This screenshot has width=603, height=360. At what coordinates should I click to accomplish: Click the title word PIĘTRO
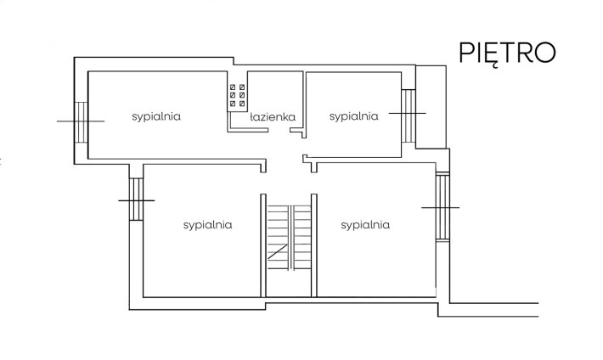tap(507, 50)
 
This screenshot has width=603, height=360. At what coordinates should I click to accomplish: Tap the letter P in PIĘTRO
tap(466, 51)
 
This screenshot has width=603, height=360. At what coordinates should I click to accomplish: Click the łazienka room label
tap(272, 118)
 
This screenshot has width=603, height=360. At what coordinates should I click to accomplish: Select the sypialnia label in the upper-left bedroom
tap(156, 116)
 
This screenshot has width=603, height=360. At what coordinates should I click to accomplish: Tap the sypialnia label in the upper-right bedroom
tap(353, 116)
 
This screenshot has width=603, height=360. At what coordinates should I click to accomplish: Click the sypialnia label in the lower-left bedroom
tap(208, 225)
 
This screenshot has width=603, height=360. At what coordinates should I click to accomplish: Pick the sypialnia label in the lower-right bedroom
tap(364, 225)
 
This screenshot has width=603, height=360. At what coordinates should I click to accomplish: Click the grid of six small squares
tap(237, 96)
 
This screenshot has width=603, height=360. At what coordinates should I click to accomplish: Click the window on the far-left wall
tap(81, 121)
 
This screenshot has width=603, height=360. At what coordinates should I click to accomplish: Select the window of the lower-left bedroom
tap(136, 199)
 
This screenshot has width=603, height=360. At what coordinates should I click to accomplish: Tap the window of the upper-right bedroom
tap(409, 112)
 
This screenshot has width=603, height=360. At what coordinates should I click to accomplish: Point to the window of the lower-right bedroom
tap(442, 206)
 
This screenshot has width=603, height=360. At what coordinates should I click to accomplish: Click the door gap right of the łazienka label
tap(296, 130)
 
